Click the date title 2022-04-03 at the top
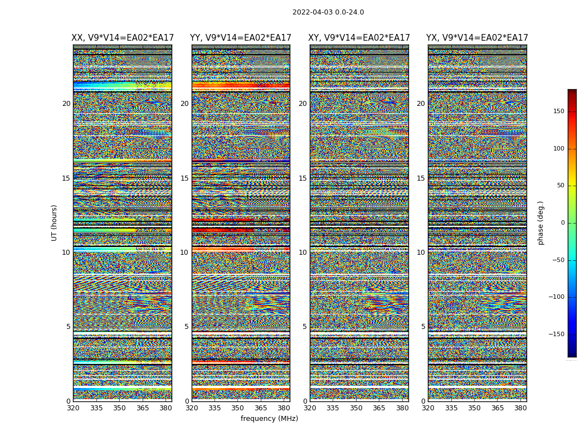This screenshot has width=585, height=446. coord(328,12)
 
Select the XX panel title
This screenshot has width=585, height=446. coord(123,38)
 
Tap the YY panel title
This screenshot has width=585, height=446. coord(241,38)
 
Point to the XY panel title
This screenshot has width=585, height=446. coord(359,38)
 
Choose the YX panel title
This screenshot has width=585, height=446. coord(477,38)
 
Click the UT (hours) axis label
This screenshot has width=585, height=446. coord(54,222)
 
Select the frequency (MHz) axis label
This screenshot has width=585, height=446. coord(269,419)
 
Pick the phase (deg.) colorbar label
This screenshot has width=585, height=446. coord(540,223)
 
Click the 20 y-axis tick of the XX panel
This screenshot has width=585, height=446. coord(66,104)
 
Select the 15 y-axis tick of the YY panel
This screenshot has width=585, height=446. coord(184,178)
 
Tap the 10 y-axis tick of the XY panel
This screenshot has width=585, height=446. coord(303,253)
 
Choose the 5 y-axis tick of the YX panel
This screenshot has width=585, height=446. coord(423,327)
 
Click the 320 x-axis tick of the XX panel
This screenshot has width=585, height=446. coord(73,408)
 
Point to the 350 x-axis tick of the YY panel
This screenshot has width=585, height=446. coord(237,408)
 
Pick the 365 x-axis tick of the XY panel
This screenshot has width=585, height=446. coord(379,408)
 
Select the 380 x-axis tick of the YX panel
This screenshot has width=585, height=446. coord(520,408)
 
